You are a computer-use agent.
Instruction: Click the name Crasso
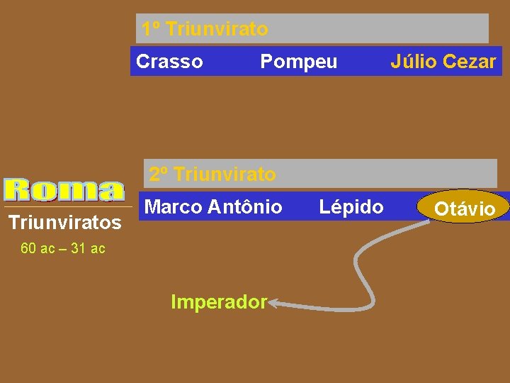coord(169,62)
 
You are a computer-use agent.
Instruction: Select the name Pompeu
coord(298,62)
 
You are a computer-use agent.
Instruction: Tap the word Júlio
coord(414,62)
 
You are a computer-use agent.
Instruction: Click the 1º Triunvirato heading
coord(205,29)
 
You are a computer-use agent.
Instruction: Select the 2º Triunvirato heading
coord(212,174)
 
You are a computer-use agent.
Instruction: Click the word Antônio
coord(245,207)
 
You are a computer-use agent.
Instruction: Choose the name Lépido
coord(351,207)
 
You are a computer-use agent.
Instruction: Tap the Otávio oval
coord(464,208)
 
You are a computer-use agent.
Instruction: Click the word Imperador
coord(218,302)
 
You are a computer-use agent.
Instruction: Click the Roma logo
coord(64,190)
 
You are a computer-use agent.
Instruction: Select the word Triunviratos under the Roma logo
coord(64,223)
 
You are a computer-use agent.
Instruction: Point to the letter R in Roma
coord(17,190)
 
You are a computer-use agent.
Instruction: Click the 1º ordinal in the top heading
coord(150,29)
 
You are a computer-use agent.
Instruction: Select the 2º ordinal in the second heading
coord(157,174)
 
